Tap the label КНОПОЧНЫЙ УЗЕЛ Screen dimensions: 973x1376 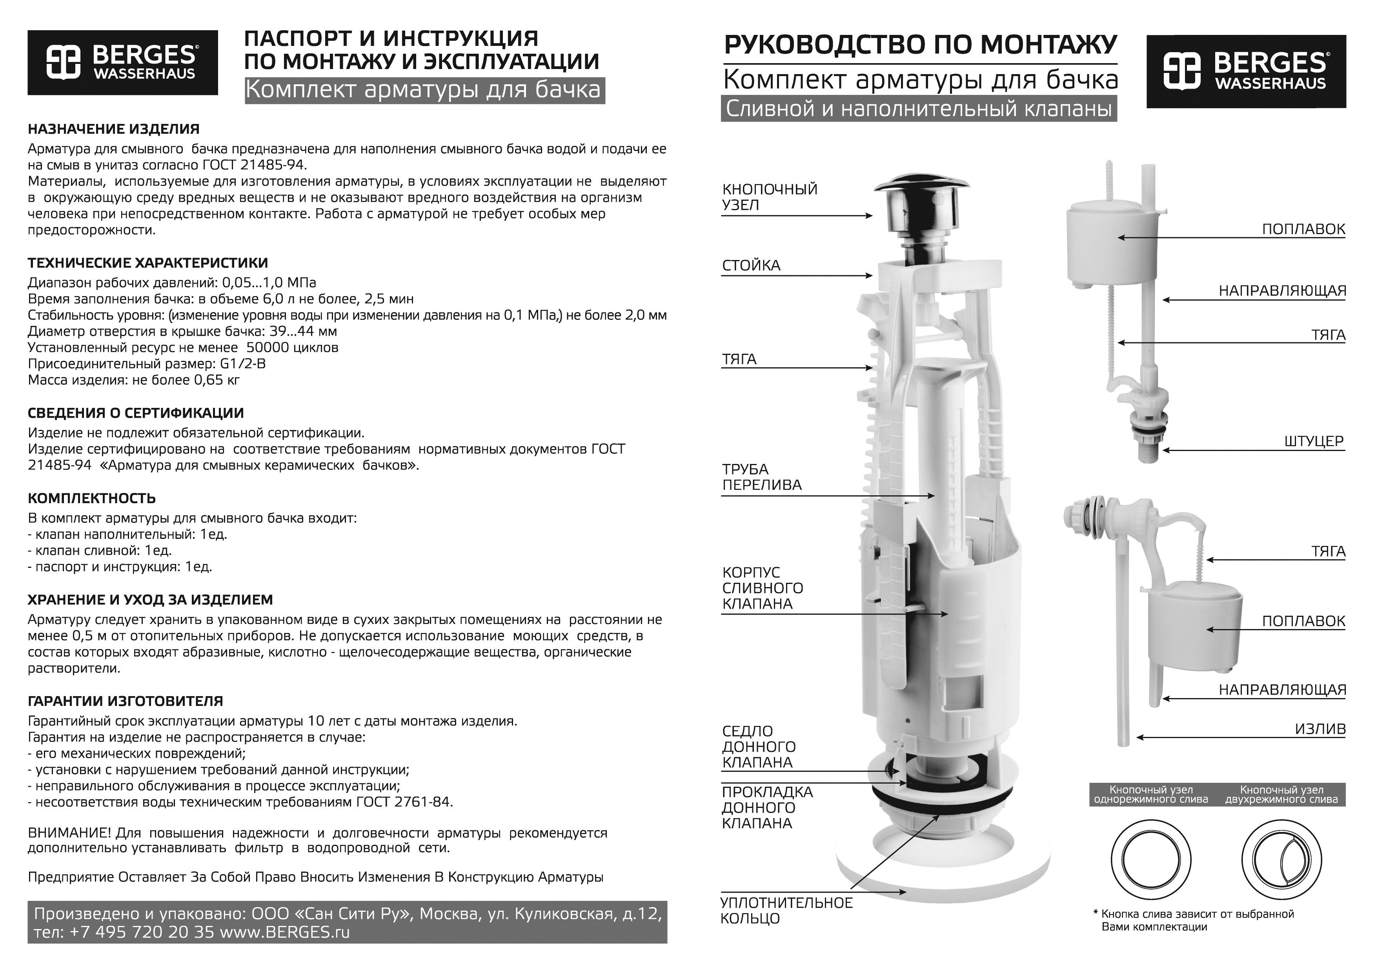pyautogui.click(x=770, y=197)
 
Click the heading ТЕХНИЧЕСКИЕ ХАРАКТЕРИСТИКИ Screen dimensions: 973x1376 pyautogui.click(x=148, y=263)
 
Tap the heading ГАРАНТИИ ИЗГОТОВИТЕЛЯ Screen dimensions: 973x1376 pyautogui.click(x=125, y=701)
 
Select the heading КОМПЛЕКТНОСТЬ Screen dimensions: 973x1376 pyautogui.click(x=92, y=498)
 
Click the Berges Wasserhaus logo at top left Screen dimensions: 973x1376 pyautogui.click(x=122, y=62)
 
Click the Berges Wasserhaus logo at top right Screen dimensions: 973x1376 pyautogui.click(x=1245, y=71)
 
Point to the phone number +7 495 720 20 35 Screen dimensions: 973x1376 pyautogui.click(x=142, y=932)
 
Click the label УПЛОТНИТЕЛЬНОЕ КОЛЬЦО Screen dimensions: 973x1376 pyautogui.click(x=786, y=911)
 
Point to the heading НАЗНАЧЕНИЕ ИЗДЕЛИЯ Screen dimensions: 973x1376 pyautogui.click(x=114, y=129)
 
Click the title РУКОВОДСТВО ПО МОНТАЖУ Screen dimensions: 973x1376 pyautogui.click(x=920, y=45)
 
